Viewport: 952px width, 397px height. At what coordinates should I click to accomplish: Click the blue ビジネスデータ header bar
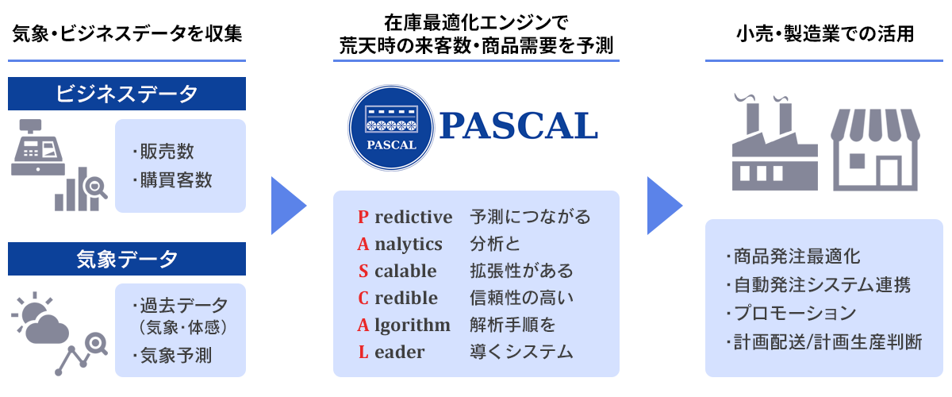pyautogui.click(x=127, y=94)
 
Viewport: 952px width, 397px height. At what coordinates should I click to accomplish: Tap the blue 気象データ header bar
pyautogui.click(x=127, y=259)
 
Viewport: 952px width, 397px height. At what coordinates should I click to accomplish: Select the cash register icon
pyautogui.click(x=38, y=147)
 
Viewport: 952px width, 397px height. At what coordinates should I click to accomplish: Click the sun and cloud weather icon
pyautogui.click(x=40, y=318)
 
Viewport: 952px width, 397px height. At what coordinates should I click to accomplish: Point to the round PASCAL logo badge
pyautogui.click(x=391, y=128)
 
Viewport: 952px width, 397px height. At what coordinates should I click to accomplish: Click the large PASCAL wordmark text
pyautogui.click(x=519, y=126)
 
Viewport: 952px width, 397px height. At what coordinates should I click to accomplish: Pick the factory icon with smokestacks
pyautogui.click(x=774, y=142)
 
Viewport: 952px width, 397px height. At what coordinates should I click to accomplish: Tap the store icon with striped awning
pyautogui.click(x=875, y=150)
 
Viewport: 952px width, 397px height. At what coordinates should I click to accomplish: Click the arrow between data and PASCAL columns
pyautogui.click(x=289, y=206)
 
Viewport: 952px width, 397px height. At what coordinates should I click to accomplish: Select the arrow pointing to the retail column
pyautogui.click(x=665, y=206)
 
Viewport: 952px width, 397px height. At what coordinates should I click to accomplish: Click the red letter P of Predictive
pyautogui.click(x=363, y=217)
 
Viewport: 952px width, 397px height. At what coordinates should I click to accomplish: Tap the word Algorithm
pyautogui.click(x=404, y=325)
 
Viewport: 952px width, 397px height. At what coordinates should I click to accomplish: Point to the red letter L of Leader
pyautogui.click(x=363, y=352)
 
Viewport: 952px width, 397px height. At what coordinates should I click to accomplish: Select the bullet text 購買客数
pyautogui.click(x=173, y=180)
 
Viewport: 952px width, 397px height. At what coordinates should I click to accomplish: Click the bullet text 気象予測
pyautogui.click(x=173, y=355)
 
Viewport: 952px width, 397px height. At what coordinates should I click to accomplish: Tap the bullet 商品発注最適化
pyautogui.click(x=793, y=256)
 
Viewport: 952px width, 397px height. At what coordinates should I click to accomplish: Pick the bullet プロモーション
pyautogui.click(x=791, y=313)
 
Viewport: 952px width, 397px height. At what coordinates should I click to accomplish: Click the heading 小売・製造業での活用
pyautogui.click(x=825, y=34)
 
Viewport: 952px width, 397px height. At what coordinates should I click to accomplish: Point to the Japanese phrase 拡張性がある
pyautogui.click(x=521, y=271)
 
